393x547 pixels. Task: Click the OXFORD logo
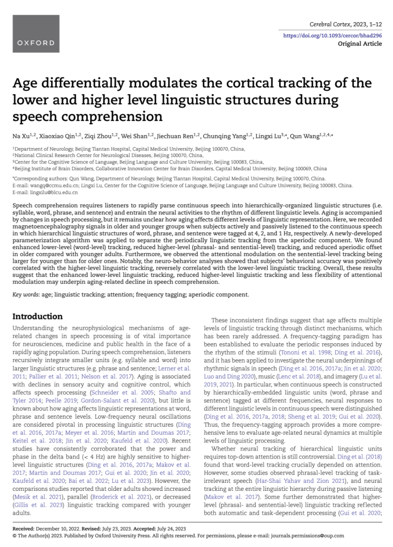click(36, 43)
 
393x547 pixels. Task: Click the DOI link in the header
click(332, 35)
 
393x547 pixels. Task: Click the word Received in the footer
click(24, 528)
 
